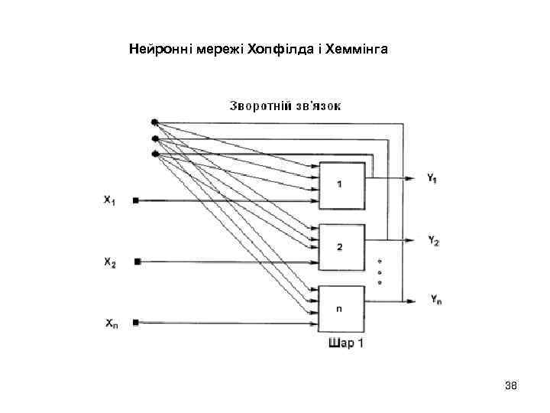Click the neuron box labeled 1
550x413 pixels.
341,185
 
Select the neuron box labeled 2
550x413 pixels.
341,247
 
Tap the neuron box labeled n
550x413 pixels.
341,309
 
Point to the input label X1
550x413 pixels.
110,201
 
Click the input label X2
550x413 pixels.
110,262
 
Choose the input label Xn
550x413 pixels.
110,324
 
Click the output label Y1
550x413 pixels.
432,179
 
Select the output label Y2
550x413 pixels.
432,240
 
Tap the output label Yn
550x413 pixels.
435,301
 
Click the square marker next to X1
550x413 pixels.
136,200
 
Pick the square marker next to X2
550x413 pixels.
137,262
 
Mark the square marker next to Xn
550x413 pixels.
136,323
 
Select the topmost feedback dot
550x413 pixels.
154,122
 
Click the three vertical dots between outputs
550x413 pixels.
380,272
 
